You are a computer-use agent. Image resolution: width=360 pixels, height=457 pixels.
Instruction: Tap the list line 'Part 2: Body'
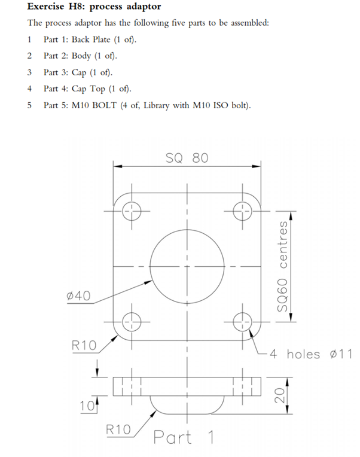80,56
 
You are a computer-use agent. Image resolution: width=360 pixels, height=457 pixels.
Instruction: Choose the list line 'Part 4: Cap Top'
87,89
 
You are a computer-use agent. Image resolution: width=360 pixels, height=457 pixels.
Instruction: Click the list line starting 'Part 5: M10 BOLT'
147,105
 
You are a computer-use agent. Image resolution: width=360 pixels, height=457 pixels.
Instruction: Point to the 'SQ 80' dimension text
187,158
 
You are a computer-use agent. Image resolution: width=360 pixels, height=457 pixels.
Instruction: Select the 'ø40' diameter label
79,297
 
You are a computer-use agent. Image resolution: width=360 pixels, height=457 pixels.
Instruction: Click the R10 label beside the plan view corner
84,345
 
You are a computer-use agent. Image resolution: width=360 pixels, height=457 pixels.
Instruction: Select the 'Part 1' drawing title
184,437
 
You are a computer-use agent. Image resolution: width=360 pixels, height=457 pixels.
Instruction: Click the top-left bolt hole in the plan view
130,210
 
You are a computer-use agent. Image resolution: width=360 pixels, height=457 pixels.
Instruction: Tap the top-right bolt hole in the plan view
243,210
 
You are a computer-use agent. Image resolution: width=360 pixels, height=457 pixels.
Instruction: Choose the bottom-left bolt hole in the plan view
130,322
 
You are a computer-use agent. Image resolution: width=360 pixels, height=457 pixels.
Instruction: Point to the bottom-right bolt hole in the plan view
243,322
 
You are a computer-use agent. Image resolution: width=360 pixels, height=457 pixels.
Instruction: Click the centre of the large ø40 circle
187,266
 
